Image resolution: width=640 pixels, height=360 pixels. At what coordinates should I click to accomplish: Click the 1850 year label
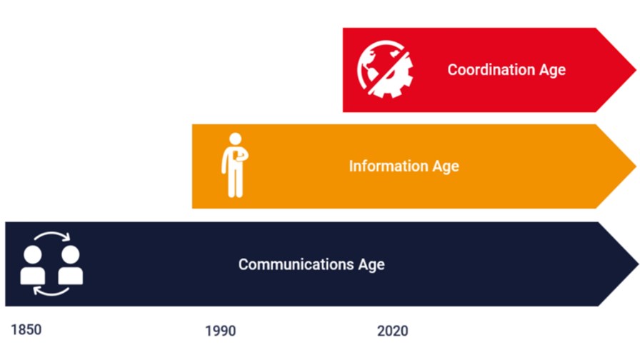[26, 329]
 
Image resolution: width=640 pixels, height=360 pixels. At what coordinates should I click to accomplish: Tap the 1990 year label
[221, 331]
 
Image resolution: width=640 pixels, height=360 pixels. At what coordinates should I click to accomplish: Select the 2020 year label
[392, 331]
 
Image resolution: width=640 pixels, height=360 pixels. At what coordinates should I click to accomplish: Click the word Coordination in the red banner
[491, 69]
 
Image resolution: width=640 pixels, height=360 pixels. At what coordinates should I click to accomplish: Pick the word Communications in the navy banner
[296, 264]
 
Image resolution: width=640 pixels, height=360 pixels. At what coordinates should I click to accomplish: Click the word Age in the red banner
[552, 70]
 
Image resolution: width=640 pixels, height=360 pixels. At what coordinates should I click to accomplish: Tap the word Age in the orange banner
[446, 166]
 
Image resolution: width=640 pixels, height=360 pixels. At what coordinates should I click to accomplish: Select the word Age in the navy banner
[371, 265]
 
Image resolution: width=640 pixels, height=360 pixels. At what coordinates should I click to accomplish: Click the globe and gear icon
[385, 69]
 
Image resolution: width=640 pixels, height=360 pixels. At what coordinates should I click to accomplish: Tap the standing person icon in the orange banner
[235, 165]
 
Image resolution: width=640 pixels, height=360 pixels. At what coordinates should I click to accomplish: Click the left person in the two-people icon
[33, 265]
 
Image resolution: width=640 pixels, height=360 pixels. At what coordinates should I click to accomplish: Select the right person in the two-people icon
[70, 265]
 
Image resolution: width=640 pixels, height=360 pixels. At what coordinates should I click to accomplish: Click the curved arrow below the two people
[51, 293]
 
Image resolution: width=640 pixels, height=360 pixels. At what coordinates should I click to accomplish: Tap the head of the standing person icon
[235, 139]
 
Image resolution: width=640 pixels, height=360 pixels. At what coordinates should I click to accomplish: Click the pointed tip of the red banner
[636, 70]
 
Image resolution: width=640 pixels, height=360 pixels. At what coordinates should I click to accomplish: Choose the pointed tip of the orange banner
[636, 166]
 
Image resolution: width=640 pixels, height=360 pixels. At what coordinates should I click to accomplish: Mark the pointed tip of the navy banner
[638, 264]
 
